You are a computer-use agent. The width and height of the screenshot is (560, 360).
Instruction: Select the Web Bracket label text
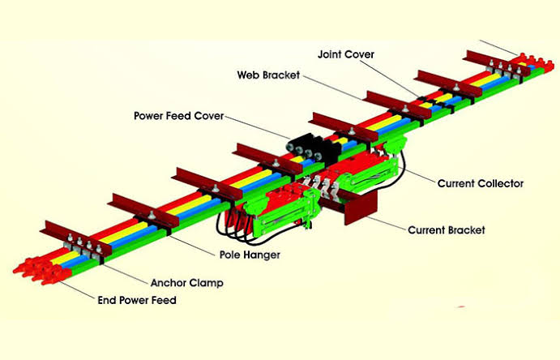click(268, 75)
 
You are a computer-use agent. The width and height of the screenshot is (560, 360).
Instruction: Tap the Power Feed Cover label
click(178, 115)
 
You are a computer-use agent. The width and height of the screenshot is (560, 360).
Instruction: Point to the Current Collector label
click(481, 183)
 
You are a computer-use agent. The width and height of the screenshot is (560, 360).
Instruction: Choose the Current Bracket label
click(447, 230)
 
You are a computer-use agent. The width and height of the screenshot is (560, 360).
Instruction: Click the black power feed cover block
click(309, 147)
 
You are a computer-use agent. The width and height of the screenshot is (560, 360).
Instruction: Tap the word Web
click(248, 75)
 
